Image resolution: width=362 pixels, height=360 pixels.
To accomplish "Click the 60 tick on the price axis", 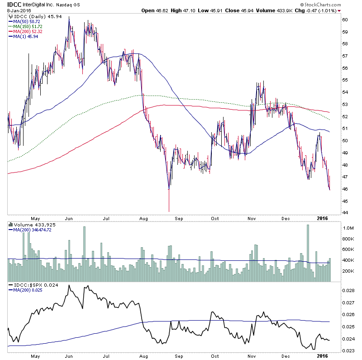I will pyautogui.click(x=345, y=20).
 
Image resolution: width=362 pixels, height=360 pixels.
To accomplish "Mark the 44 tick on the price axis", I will pyautogui.click(x=345, y=213).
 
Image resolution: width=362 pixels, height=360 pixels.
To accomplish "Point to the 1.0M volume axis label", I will pyautogui.click(x=348, y=228).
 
